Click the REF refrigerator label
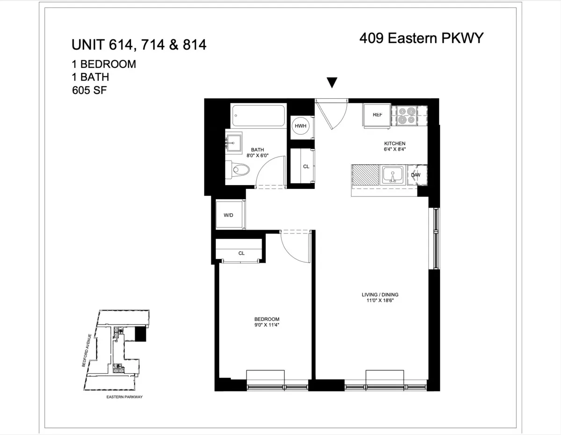coord(378,115)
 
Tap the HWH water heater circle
coord(300,126)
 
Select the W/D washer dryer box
coord(229,216)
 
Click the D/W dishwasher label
coord(416,175)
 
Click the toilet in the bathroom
coord(237,170)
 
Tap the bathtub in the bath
coord(259,116)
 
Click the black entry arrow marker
coord(332,83)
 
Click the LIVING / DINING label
coord(380,295)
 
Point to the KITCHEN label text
coord(395,143)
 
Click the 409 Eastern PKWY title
coord(421,38)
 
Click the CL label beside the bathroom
coord(306,167)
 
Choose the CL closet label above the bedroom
coord(241,253)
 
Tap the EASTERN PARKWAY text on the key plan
coord(124,397)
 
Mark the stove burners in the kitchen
coord(405,116)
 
